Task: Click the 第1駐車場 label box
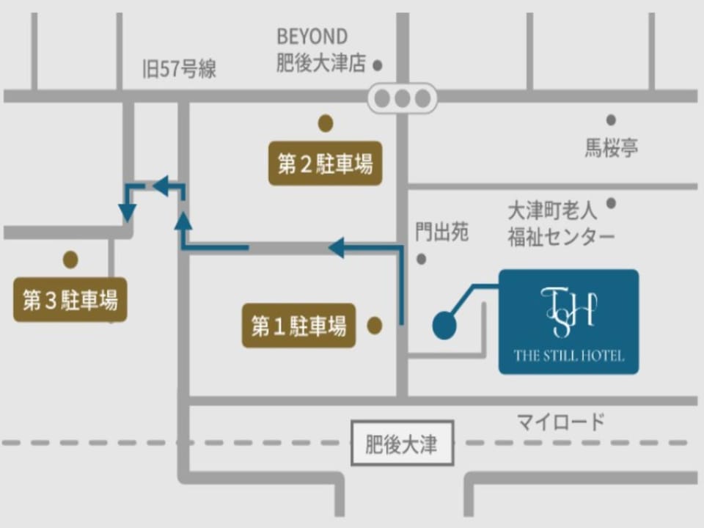(298, 326)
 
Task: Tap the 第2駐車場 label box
(325, 164)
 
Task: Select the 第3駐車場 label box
(70, 299)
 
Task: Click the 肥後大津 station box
(402, 443)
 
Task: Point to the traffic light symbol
(403, 98)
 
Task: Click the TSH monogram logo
(569, 312)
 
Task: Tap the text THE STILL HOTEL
(569, 356)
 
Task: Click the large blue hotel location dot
(444, 325)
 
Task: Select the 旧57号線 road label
(179, 69)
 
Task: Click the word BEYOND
(312, 37)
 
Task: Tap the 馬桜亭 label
(611, 147)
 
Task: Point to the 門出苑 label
(441, 232)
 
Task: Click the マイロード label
(561, 422)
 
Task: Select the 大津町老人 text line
(552, 210)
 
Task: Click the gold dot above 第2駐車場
(326, 123)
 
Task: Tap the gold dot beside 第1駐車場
(375, 326)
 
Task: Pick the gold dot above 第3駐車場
(70, 260)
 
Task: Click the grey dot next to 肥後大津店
(378, 65)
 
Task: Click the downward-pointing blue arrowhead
(128, 213)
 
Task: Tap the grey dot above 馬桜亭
(611, 120)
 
